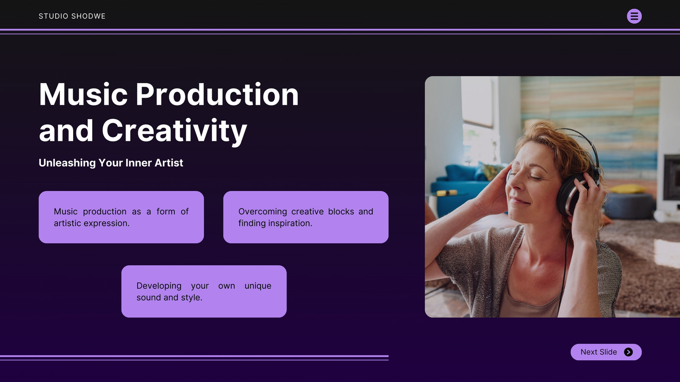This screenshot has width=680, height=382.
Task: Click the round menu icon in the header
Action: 634,16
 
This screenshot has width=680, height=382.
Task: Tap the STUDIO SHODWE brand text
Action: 72,16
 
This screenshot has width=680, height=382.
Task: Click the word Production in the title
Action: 217,95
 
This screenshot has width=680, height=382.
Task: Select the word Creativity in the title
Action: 174,131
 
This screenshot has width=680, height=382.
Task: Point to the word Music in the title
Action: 83,95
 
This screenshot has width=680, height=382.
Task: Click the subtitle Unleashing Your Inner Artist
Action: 111,163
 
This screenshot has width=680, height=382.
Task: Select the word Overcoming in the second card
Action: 263,212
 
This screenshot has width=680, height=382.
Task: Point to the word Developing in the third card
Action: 159,286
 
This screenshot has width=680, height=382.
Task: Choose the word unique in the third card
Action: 258,286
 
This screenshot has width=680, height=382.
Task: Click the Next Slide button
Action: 606,352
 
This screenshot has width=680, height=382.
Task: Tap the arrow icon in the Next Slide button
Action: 629,352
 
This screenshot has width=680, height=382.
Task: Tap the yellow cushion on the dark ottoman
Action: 627,188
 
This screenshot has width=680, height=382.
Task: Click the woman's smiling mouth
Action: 520,200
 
